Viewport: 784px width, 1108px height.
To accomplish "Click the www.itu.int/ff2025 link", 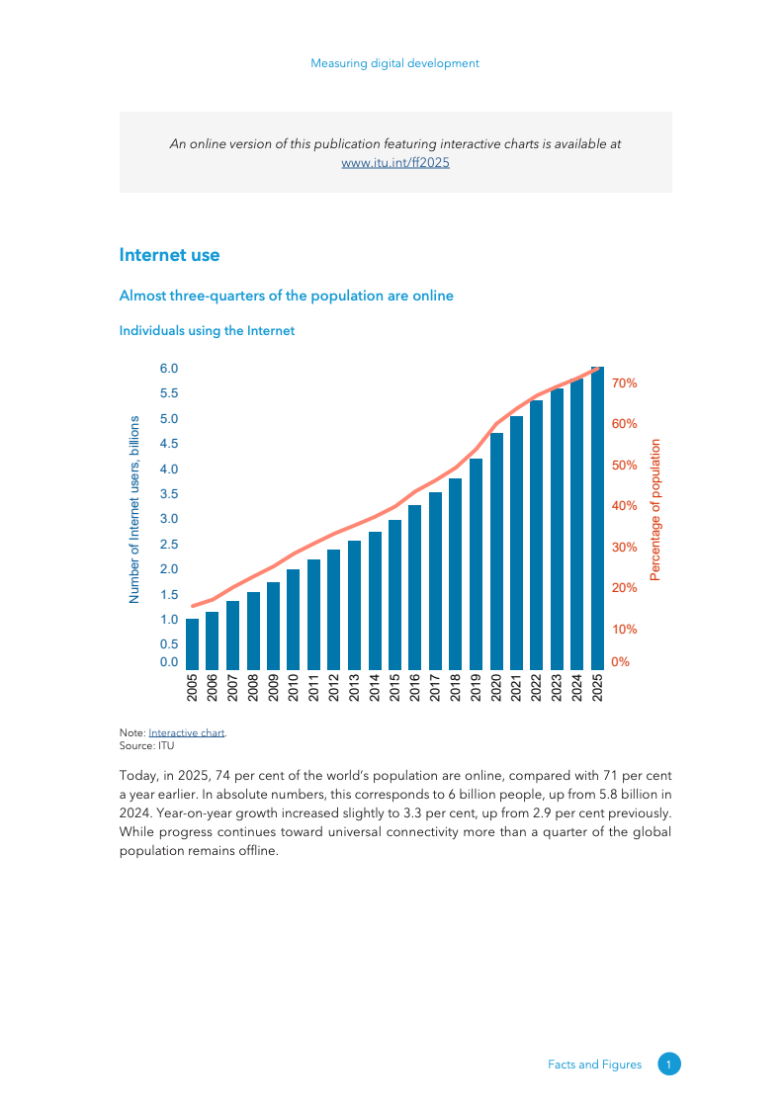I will (395, 163).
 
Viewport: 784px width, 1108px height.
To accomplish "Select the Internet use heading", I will (169, 255).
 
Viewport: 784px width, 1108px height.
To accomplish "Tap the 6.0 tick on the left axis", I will (169, 369).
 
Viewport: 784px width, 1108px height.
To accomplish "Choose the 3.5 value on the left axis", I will (169, 493).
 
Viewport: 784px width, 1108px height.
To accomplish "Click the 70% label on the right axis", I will (625, 383).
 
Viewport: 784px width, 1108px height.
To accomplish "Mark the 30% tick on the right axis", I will (625, 547).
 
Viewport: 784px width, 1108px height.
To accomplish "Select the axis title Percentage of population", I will (654, 510).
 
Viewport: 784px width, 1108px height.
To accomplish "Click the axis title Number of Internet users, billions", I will (134, 510).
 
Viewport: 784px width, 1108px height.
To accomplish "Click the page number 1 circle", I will (669, 1065).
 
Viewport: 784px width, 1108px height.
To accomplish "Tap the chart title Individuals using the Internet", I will (207, 331).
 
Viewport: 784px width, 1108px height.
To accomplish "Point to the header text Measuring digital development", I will (394, 63).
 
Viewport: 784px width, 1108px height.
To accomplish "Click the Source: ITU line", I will (146, 746).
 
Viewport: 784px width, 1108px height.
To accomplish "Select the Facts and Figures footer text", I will (594, 1065).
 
